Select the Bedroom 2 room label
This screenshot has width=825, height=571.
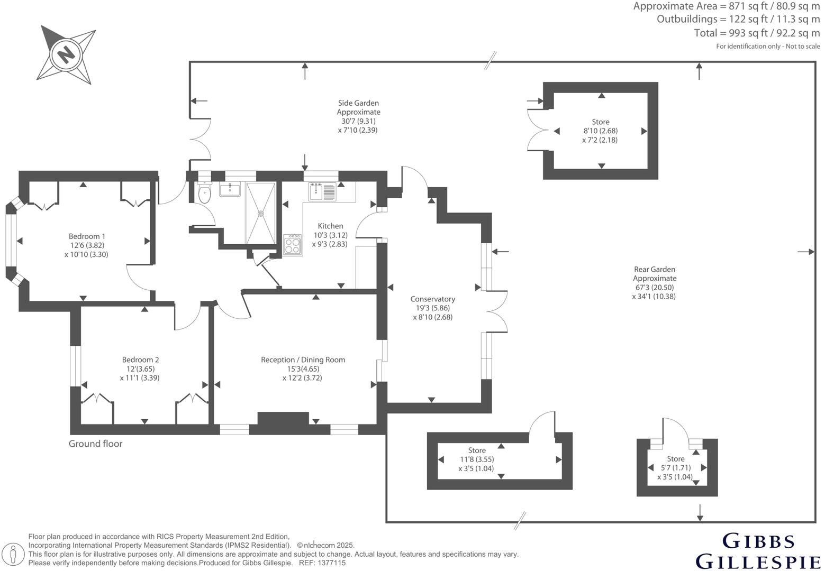tap(140, 360)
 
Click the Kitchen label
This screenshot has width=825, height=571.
tap(330, 226)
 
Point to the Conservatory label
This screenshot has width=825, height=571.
tap(432, 299)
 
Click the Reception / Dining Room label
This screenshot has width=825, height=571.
tap(303, 360)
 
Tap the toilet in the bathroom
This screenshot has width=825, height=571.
tap(204, 193)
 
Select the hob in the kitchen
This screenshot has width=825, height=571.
tap(293, 245)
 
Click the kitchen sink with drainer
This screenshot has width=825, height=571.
tap(322, 191)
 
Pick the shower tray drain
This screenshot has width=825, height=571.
tap(260, 214)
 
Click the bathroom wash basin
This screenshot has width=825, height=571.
tap(230, 189)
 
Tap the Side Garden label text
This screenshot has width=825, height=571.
tap(358, 103)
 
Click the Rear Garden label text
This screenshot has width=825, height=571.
tap(655, 270)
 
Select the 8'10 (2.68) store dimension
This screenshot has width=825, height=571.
tap(601, 131)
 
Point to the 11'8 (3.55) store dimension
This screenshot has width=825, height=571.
tap(477, 459)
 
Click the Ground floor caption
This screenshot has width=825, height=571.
tap(95, 444)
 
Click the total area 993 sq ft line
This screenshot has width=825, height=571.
tap(757, 33)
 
